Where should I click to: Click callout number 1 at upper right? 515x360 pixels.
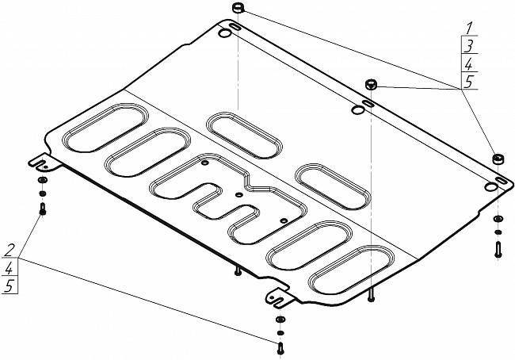click(x=470, y=29)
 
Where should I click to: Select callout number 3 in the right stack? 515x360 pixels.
click(x=469, y=46)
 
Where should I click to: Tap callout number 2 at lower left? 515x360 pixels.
click(x=10, y=251)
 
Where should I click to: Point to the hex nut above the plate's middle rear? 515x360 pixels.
click(x=371, y=84)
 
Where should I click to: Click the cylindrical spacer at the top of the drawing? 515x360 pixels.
click(x=238, y=8)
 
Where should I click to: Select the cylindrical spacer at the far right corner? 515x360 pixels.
click(x=498, y=159)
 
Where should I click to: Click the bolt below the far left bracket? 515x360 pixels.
click(x=42, y=209)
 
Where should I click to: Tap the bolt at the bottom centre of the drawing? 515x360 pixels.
click(x=280, y=348)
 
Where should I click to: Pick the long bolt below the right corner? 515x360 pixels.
click(x=498, y=249)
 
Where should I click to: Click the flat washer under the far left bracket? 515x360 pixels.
click(x=42, y=180)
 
